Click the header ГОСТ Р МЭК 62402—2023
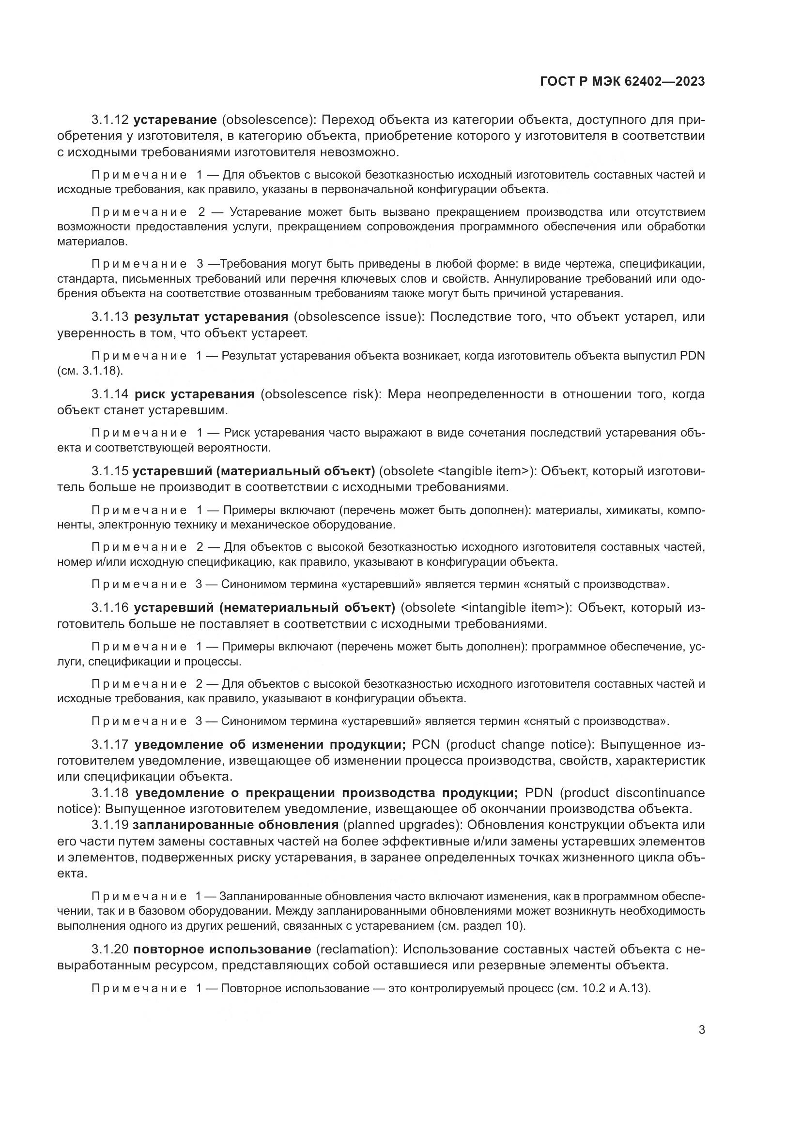[x=622, y=82]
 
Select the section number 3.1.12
[x=109, y=120]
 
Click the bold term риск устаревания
[x=194, y=394]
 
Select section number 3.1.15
[x=109, y=471]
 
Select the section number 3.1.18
[x=109, y=793]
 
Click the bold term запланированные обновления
[x=236, y=825]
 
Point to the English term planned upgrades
[x=401, y=825]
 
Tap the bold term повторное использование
[x=222, y=949]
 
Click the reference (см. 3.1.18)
[x=90, y=371]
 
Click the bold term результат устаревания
[x=211, y=317]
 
